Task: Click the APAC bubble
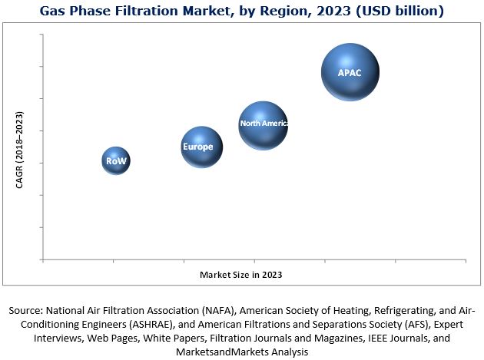[350, 72]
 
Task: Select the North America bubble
[263, 124]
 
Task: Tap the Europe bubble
[201, 147]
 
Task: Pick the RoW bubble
[115, 161]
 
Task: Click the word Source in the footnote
[25, 311]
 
